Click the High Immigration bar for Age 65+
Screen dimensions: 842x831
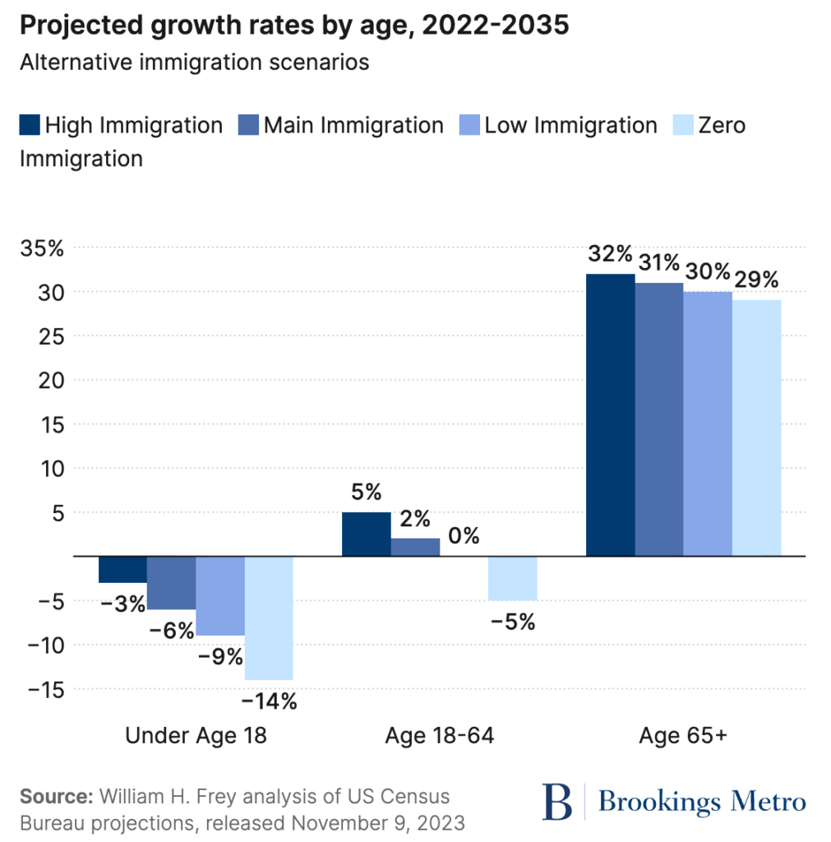tap(610, 414)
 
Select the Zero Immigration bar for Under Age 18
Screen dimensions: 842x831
tap(269, 618)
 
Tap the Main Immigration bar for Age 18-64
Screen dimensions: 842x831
tap(415, 547)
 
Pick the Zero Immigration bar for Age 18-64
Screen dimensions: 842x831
tap(512, 578)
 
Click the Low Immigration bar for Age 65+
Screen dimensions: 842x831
tap(708, 423)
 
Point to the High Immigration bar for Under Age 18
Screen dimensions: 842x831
tap(122, 569)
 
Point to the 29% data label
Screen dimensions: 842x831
tap(756, 280)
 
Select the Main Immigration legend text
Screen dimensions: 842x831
tap(353, 126)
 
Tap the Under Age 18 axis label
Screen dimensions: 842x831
tap(196, 736)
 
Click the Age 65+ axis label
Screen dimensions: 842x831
tap(683, 736)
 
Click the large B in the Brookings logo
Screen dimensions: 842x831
tap(556, 802)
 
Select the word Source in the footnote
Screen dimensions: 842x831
tap(55, 797)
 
